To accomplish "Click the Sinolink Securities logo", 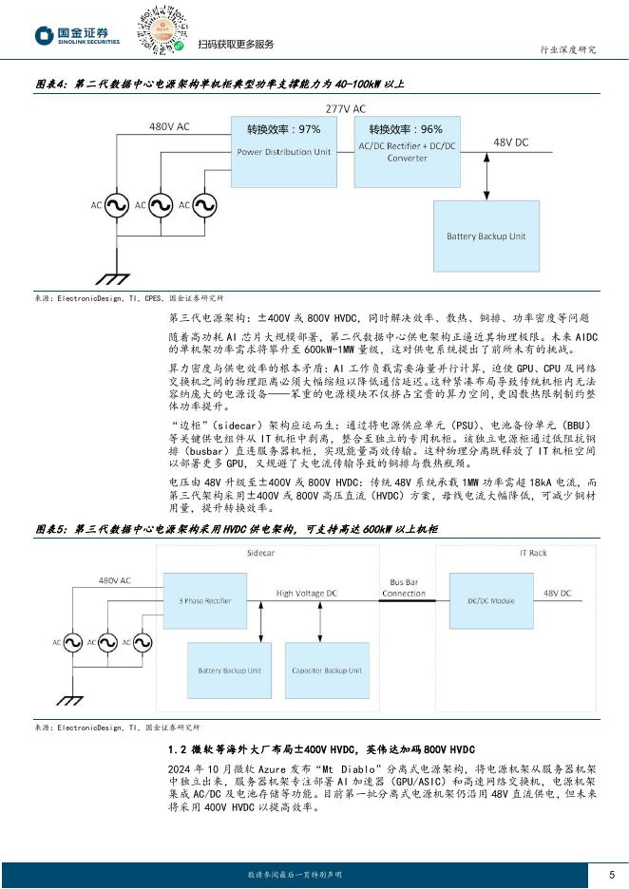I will click(78, 37).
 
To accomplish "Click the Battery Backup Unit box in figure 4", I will click(486, 236).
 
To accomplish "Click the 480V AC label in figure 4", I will click(169, 126).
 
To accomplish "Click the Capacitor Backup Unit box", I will click(326, 671).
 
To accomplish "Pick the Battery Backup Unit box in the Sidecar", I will click(228, 671).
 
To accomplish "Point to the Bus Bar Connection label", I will click(404, 588).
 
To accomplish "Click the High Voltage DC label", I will click(306, 593).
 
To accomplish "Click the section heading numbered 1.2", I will click(320, 749).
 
